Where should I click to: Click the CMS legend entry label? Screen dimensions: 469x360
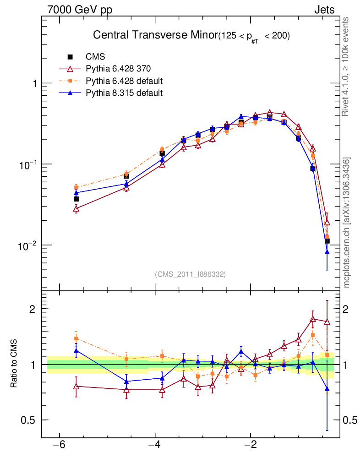pyautogui.click(x=95, y=57)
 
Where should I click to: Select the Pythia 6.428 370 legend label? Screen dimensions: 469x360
pyautogui.click(x=118, y=69)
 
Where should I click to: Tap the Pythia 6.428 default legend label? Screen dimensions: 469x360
pyautogui.click(x=124, y=81)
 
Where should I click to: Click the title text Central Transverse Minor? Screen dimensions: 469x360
pyautogui.click(x=155, y=35)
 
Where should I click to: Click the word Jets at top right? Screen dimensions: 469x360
pyautogui.click(x=324, y=10)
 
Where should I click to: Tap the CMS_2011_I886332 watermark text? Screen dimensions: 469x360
pyautogui.click(x=191, y=274)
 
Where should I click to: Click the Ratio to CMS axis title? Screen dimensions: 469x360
pyautogui.click(x=14, y=365)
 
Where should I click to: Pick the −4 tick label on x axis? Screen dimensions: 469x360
pyautogui.click(x=155, y=445)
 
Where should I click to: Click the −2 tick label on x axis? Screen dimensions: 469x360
pyautogui.click(x=251, y=445)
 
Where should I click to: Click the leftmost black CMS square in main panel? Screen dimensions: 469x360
pyautogui.click(x=76, y=199)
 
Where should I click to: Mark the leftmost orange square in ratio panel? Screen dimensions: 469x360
pyautogui.click(x=76, y=338)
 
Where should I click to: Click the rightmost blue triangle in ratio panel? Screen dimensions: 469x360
pyautogui.click(x=327, y=389)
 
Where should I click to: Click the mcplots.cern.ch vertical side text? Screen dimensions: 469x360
pyautogui.click(x=347, y=223)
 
